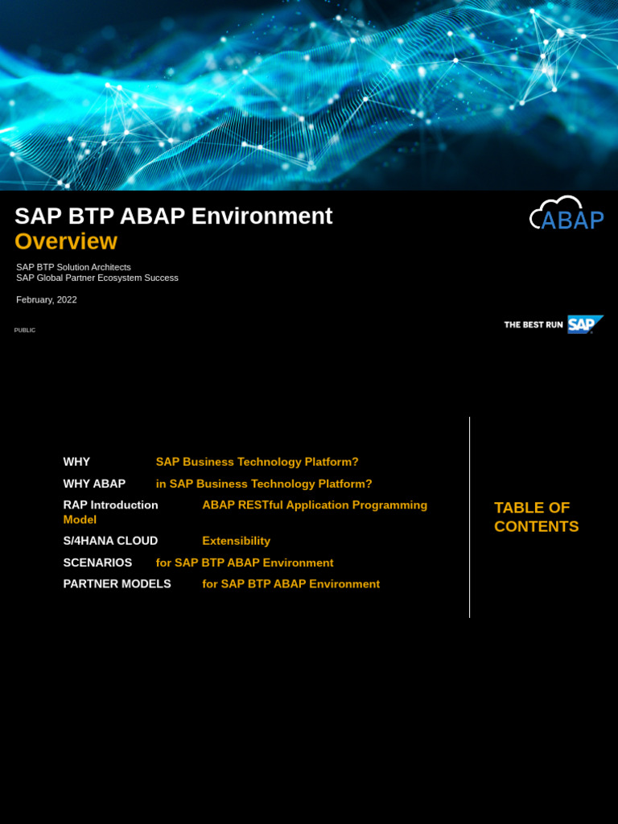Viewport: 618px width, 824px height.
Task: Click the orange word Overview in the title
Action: coord(66,241)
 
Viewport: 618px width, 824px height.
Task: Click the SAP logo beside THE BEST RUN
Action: coord(584,324)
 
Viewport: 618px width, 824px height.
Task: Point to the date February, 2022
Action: coord(47,299)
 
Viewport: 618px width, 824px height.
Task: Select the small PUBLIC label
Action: coord(25,330)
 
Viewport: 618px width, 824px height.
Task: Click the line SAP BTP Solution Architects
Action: coord(73,267)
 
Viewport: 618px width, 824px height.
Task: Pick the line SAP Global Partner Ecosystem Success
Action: coord(97,278)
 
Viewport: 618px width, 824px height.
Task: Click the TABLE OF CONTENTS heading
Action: coord(536,517)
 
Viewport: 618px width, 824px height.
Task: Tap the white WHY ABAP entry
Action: coord(94,484)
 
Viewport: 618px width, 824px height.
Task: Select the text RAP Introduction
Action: coord(110,505)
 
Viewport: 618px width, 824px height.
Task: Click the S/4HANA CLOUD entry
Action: coord(110,541)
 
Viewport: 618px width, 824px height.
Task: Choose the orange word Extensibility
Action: coord(236,541)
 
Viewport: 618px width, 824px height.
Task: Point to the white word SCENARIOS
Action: coord(97,562)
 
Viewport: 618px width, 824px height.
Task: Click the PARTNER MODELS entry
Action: coord(117,583)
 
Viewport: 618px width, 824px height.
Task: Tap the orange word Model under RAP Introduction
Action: coord(80,520)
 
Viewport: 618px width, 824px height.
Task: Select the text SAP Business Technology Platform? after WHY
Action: coord(257,462)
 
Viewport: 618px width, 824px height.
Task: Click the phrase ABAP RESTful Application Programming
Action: coord(315,505)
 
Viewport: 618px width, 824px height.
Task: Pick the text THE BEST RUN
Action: coord(533,324)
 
